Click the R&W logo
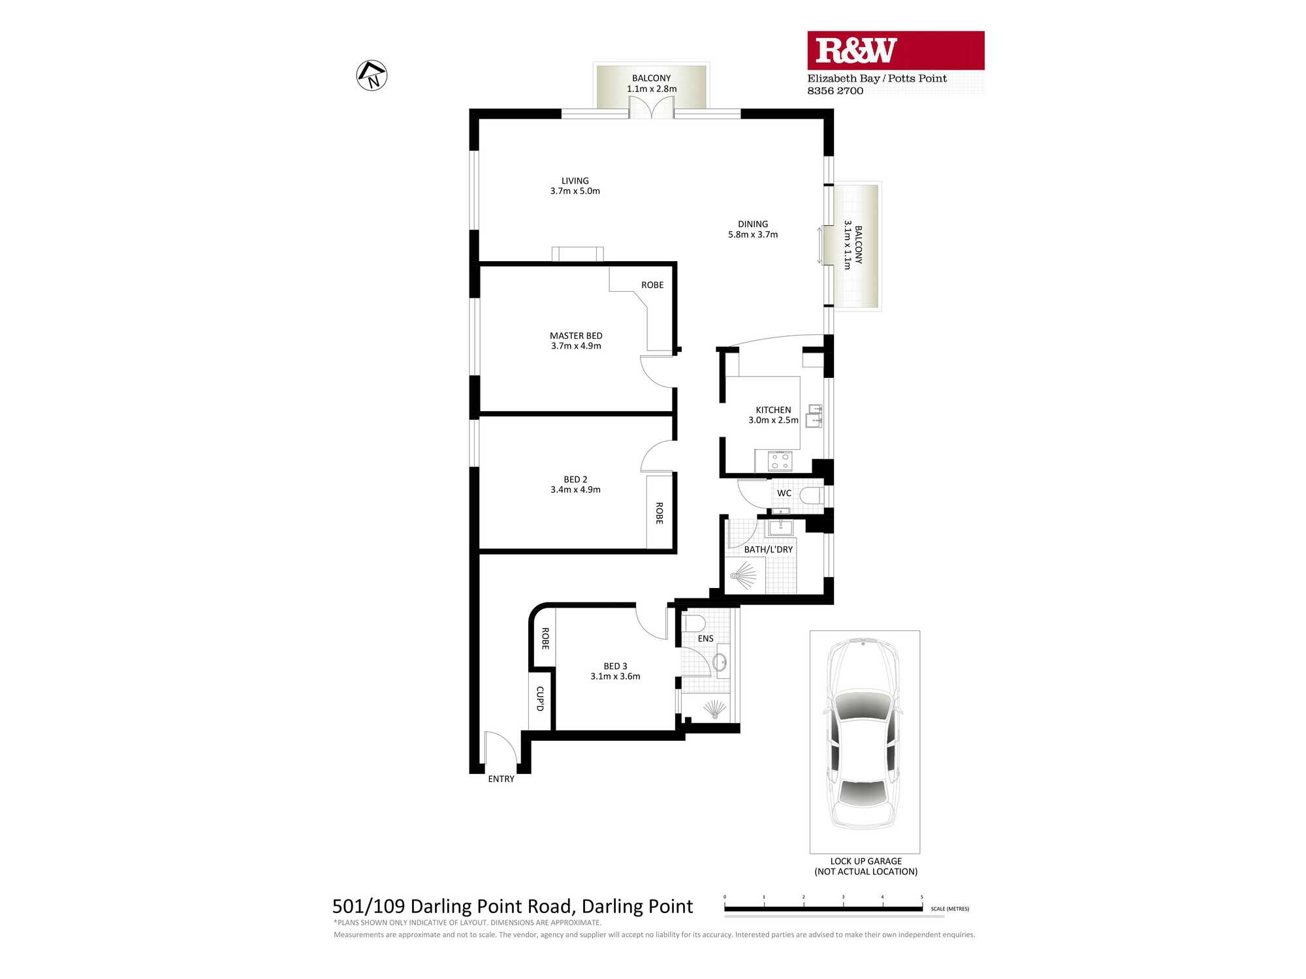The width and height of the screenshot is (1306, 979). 895,50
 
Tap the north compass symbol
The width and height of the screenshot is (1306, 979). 372,75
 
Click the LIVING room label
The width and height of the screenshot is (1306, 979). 575,181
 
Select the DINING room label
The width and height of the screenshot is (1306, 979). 753,224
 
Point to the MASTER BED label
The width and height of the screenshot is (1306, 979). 576,335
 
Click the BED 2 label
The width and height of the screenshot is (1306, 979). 575,479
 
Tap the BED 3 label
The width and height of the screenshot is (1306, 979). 615,666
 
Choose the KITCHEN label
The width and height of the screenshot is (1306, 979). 773,410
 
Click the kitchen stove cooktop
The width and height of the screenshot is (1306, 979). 780,461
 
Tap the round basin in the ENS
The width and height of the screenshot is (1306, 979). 720,662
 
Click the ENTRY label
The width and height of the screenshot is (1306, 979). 501,779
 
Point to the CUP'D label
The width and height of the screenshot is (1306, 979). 540,698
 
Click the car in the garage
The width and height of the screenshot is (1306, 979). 863,735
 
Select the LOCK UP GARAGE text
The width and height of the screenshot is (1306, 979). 866,861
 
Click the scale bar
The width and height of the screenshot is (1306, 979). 823,909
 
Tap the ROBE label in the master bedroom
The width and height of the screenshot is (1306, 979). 652,285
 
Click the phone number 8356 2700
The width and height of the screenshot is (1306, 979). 835,91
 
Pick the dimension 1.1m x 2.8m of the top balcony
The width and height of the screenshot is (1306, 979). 652,89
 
